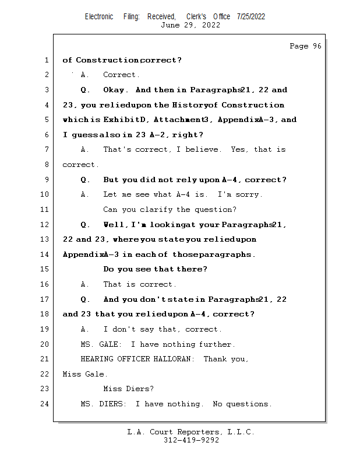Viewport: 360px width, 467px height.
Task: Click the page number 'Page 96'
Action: tap(305, 46)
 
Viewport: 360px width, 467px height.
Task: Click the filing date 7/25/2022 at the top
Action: tap(251, 16)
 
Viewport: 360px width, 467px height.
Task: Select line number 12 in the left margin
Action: tap(45, 224)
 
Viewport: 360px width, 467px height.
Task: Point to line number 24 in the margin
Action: tap(45, 403)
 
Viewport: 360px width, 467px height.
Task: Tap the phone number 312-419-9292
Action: tap(190, 440)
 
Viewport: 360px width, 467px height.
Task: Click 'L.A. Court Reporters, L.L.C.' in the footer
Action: tap(190, 432)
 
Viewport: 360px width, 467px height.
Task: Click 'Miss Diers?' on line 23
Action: tap(128, 389)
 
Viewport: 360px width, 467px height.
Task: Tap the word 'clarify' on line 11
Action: tap(157, 210)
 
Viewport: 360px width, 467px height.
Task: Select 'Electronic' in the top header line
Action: tap(99, 16)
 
